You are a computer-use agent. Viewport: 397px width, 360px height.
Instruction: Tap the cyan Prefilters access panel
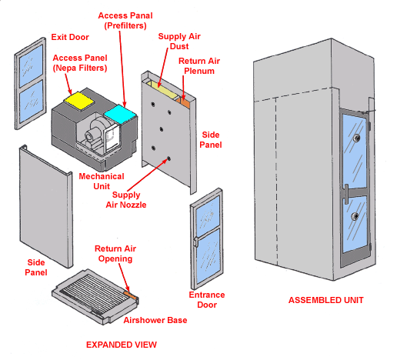119,113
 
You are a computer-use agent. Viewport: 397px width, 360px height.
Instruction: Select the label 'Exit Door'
70,36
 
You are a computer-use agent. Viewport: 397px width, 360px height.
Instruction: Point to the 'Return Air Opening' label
113,254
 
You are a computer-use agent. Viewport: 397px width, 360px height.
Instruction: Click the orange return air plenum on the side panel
185,99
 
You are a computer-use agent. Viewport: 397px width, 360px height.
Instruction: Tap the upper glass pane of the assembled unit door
355,148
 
